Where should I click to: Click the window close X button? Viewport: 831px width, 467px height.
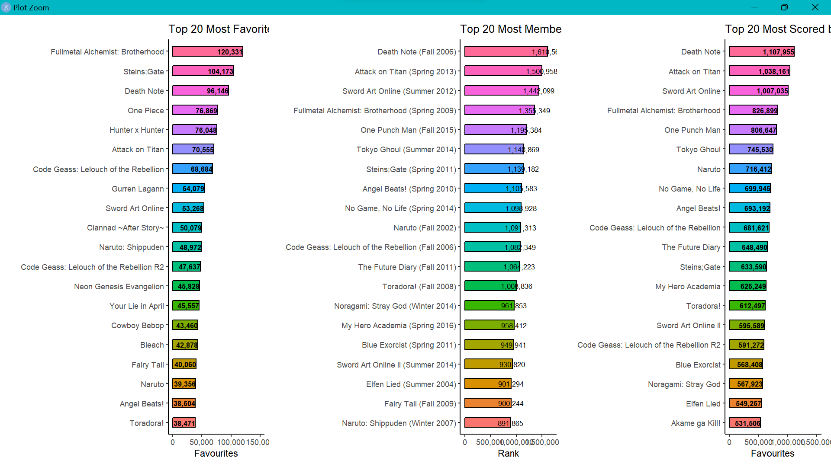click(x=815, y=7)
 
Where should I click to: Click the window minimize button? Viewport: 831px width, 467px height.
click(x=754, y=7)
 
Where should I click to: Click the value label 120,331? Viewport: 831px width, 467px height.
click(x=230, y=52)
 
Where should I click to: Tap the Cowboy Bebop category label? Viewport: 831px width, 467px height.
click(x=137, y=326)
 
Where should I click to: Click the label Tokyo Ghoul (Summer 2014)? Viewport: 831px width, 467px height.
click(x=406, y=150)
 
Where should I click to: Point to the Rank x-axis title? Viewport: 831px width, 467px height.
click(x=508, y=453)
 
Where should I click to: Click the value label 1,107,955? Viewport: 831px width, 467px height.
click(x=778, y=52)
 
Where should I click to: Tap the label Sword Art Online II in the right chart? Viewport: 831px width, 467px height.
click(x=688, y=326)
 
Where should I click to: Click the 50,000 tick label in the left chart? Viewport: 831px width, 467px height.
click(x=201, y=442)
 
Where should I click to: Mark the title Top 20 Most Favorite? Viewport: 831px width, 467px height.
click(x=219, y=29)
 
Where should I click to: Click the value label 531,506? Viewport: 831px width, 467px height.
click(x=747, y=423)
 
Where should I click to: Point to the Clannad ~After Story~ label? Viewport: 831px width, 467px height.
click(x=126, y=228)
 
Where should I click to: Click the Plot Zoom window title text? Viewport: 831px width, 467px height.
click(x=31, y=7)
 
